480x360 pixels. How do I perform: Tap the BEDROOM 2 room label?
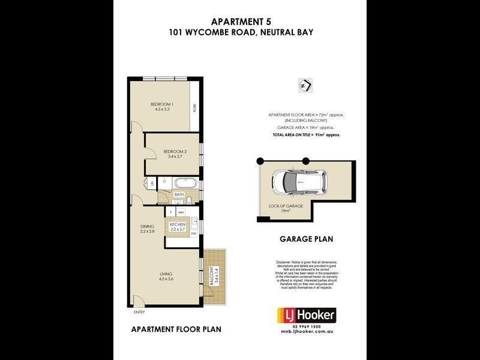(x=175, y=152)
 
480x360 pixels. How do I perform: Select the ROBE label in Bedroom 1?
(x=194, y=109)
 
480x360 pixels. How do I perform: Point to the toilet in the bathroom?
(x=188, y=201)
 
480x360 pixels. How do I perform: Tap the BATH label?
(x=179, y=194)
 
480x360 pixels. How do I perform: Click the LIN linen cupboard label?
(x=152, y=182)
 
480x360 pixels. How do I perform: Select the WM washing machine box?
(x=180, y=213)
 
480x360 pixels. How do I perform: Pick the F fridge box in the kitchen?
(x=170, y=213)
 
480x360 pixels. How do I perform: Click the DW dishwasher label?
(x=194, y=233)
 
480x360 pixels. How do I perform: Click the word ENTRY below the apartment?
(x=139, y=313)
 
